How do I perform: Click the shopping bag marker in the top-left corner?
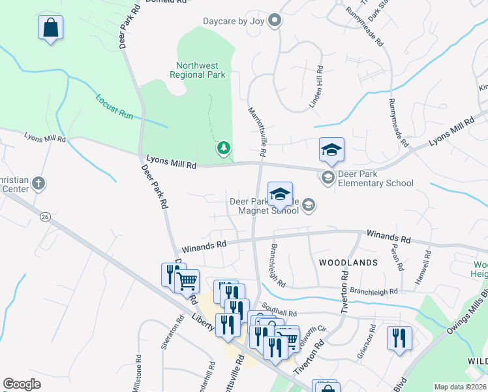click(x=50, y=29)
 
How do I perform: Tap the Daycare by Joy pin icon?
click(x=275, y=22)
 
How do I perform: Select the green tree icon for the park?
click(x=224, y=148)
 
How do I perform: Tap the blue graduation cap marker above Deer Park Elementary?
click(x=331, y=150)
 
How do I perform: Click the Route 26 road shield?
click(x=44, y=216)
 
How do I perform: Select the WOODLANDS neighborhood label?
click(x=348, y=262)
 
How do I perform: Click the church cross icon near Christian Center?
click(x=38, y=183)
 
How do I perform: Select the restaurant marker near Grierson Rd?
click(x=399, y=338)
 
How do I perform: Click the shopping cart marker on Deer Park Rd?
click(x=187, y=282)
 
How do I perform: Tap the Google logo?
click(x=22, y=384)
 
